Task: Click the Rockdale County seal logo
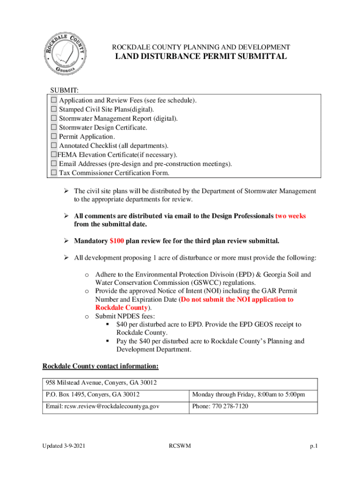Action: coord(65,55)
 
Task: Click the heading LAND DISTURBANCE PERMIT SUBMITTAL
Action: coord(201,57)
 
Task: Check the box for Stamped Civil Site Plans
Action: coord(54,109)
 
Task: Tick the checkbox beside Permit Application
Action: coord(54,137)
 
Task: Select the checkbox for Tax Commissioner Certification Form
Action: coord(54,173)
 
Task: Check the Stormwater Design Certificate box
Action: coord(54,128)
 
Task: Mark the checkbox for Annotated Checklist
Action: coord(54,146)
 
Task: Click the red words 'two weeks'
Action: coord(290,216)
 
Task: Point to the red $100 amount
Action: coord(116,241)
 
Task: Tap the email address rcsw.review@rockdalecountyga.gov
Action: coord(102,406)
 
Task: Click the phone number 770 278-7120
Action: coord(220,406)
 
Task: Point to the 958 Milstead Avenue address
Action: coord(101,383)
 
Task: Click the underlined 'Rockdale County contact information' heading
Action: coord(101,366)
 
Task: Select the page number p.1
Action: coord(314,446)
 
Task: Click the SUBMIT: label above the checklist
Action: coord(65,90)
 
